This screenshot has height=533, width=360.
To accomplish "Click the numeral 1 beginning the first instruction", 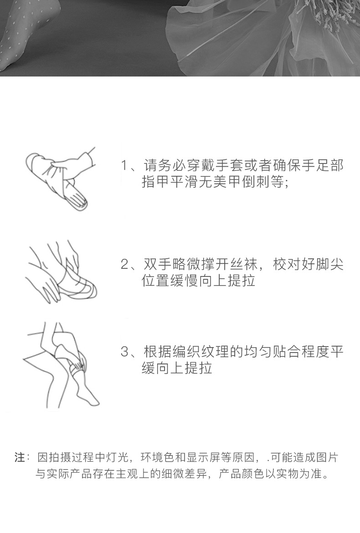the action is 124,165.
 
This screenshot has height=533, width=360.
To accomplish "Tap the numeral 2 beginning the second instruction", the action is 124,265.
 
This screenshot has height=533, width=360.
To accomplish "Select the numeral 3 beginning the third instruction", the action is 124,352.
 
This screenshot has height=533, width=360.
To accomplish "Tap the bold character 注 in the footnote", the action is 20,457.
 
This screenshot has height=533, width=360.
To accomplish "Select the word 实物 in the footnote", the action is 287,473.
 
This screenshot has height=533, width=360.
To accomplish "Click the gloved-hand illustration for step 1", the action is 60,179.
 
